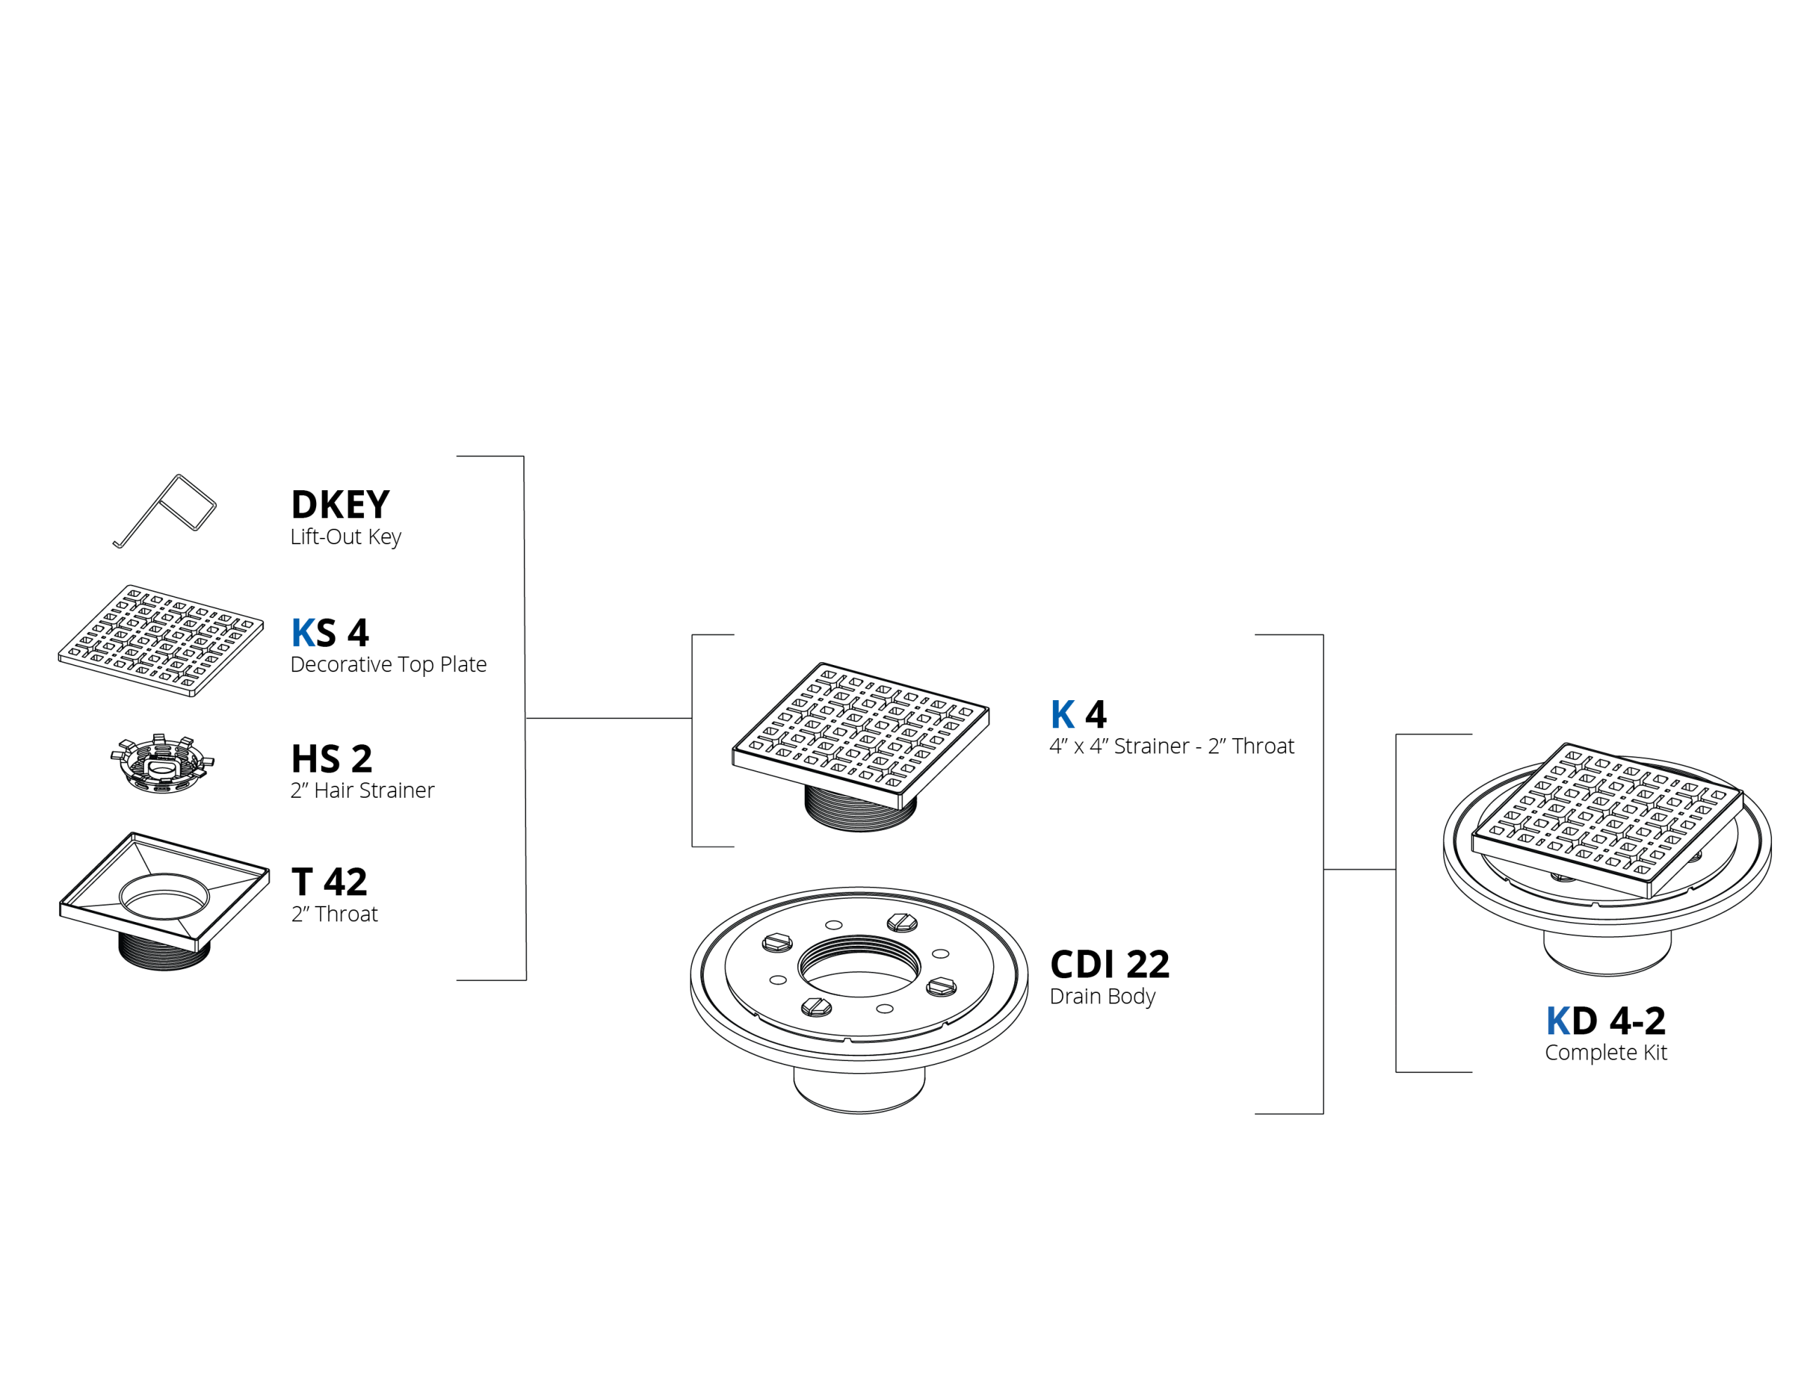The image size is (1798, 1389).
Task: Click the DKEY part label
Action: click(x=340, y=504)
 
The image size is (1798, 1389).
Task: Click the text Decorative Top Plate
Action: click(x=388, y=664)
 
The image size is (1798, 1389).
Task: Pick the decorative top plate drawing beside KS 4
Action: click(x=162, y=640)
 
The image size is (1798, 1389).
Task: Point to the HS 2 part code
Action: click(x=332, y=758)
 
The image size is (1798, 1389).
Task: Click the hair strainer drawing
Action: click(x=162, y=763)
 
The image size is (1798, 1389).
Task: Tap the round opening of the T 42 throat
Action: click(x=164, y=896)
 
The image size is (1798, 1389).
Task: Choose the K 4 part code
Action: click(x=1079, y=714)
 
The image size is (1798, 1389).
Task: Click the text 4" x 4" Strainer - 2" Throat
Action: click(x=1172, y=746)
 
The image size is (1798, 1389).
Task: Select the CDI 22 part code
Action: click(x=1110, y=964)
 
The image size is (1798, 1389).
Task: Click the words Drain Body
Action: click(x=1103, y=996)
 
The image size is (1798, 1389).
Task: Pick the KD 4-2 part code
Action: click(x=1606, y=1021)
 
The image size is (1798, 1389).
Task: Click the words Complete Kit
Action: click(x=1606, y=1052)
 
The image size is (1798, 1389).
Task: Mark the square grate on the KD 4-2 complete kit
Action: click(x=1607, y=820)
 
